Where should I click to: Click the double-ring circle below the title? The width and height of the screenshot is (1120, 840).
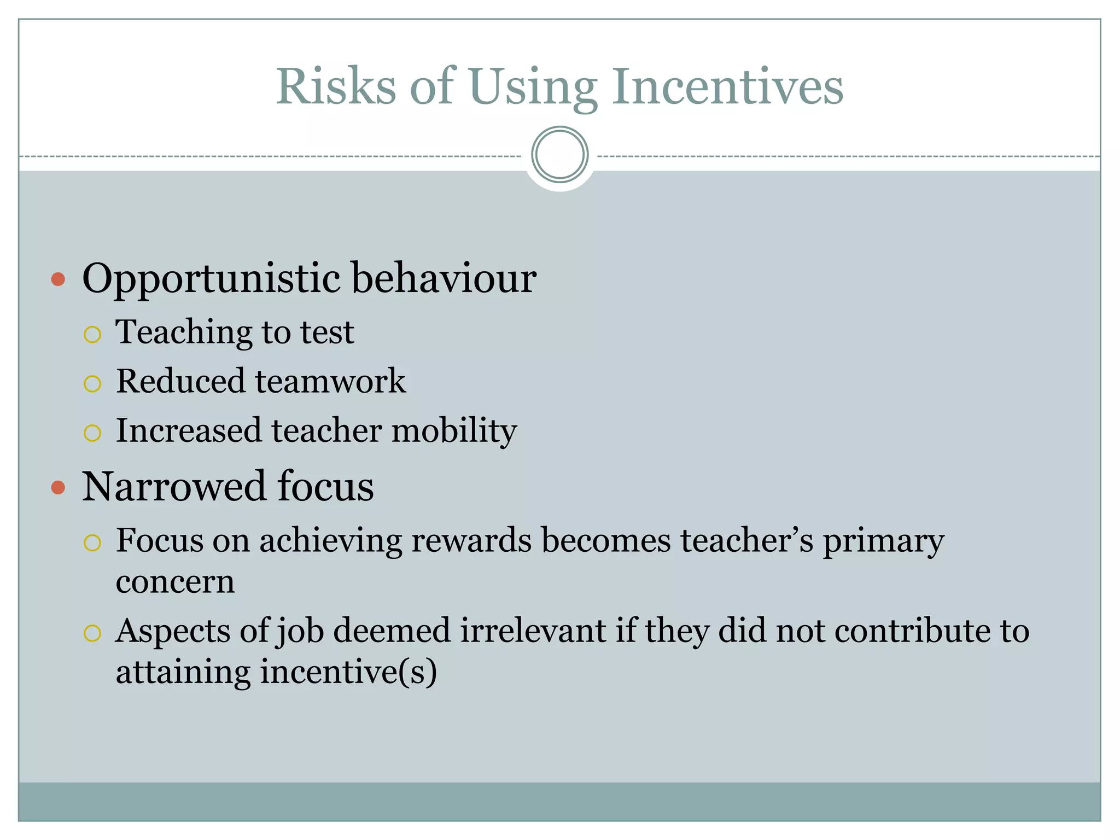(x=559, y=155)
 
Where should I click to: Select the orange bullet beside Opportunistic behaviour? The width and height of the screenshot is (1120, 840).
(x=58, y=280)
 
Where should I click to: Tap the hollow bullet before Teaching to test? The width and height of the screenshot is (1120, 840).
(x=92, y=334)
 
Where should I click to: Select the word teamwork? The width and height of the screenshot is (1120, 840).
(x=330, y=381)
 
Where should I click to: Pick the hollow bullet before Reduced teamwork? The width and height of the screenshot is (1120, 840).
(x=92, y=383)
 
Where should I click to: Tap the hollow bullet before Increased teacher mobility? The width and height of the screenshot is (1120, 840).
(x=92, y=433)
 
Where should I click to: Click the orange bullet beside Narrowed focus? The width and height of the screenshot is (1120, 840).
(x=58, y=487)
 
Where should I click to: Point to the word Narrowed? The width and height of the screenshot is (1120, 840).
(x=174, y=486)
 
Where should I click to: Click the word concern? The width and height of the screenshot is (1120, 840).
(x=175, y=581)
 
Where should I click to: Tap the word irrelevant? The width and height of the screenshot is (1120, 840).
(x=533, y=631)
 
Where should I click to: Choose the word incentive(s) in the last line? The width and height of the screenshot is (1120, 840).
(x=348, y=672)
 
